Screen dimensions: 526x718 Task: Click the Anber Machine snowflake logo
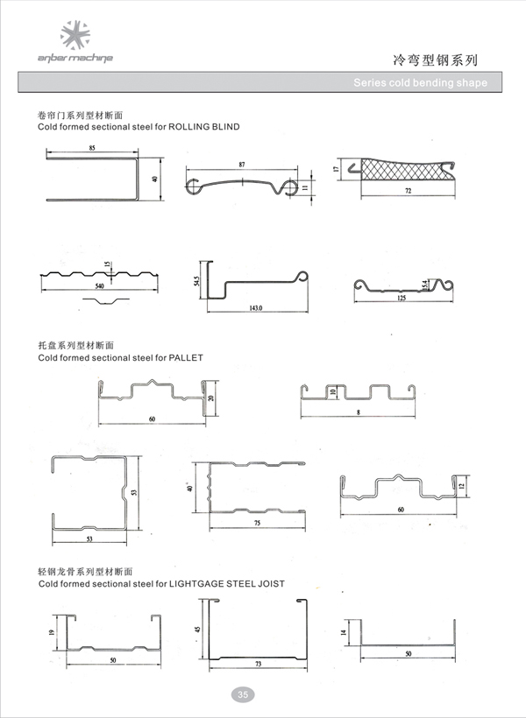[x=75, y=34]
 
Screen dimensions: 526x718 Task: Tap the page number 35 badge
[x=243, y=694]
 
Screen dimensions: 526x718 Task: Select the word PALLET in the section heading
[x=186, y=357]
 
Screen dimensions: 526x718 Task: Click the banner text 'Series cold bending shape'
[x=420, y=83]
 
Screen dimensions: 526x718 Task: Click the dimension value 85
[x=92, y=148]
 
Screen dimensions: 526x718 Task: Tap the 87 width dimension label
[x=242, y=165]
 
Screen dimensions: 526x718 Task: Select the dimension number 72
[x=409, y=191]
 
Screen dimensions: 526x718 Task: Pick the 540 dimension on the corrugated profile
[x=100, y=286]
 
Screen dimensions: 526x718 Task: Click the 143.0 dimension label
[x=256, y=307]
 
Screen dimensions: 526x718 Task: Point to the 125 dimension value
[x=402, y=298]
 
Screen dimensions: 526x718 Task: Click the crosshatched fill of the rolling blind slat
[x=402, y=169]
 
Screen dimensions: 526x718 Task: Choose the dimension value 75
[x=257, y=523]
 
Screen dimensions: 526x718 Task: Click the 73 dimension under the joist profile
[x=259, y=664]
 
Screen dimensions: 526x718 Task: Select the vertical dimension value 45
[x=197, y=630]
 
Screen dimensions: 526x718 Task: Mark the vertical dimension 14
[x=343, y=632]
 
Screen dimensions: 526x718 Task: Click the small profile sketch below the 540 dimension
[x=106, y=300]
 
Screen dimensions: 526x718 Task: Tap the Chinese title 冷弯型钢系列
[x=435, y=60]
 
